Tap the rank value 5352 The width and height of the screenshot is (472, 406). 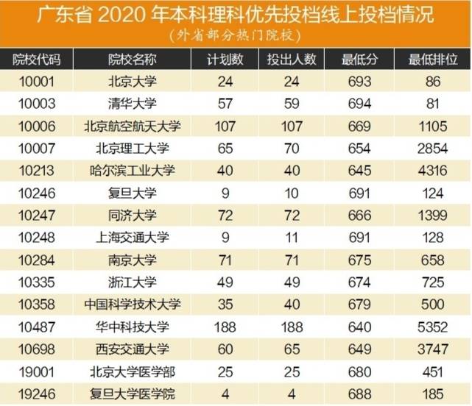tap(432, 326)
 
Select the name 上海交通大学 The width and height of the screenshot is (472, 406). tap(133, 237)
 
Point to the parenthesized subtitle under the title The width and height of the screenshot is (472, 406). tap(235, 35)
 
